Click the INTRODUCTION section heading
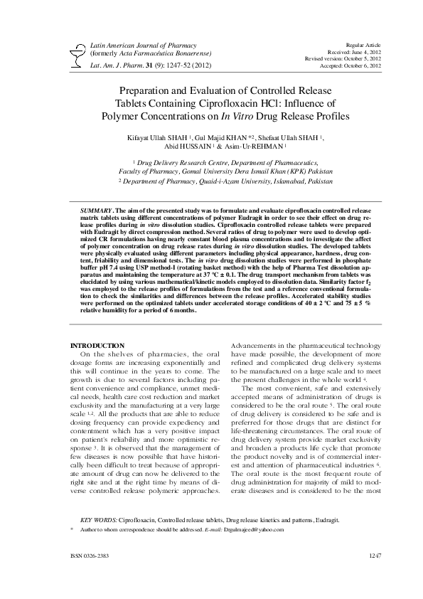[x=96, y=345]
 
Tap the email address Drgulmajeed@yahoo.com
[x=255, y=530]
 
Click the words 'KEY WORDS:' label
[x=98, y=520]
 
